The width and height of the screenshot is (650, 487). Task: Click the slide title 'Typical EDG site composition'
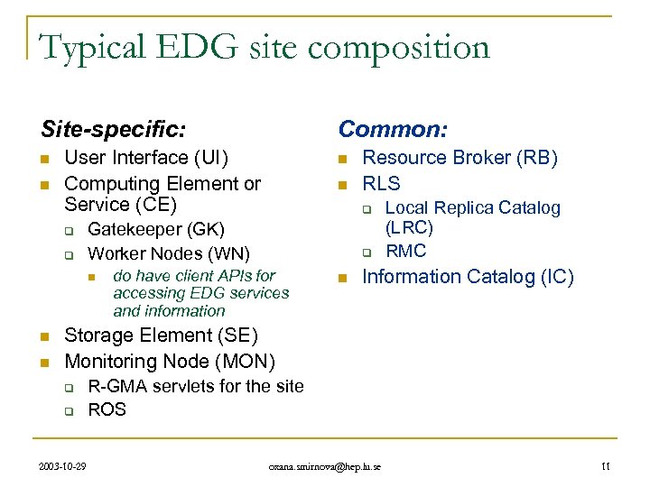tap(264, 47)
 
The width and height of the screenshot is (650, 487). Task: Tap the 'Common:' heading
tap(392, 129)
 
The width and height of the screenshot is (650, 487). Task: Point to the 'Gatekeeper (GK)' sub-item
tap(155, 230)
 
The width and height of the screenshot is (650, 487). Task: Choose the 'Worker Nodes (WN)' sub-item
tap(168, 253)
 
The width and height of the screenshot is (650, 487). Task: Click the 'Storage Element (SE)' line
tap(161, 335)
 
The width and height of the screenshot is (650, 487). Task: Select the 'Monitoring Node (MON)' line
tap(170, 361)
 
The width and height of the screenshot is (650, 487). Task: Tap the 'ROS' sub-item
tap(107, 409)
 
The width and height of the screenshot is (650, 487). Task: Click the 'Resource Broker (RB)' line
tap(460, 158)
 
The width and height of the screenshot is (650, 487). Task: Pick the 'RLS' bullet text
tap(381, 184)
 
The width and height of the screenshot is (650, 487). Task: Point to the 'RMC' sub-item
tap(405, 251)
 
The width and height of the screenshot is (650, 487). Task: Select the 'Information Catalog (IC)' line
tap(468, 277)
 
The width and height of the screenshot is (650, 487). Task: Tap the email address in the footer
tap(325, 466)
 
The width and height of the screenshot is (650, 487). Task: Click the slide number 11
tap(605, 466)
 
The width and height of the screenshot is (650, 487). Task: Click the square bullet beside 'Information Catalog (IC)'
tap(342, 278)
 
